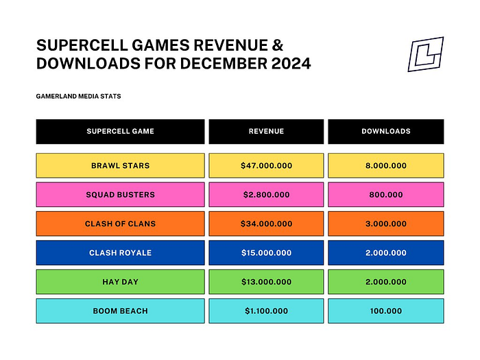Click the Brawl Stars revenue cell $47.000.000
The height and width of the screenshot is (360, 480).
click(266, 166)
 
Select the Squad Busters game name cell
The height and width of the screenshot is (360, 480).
click(120, 195)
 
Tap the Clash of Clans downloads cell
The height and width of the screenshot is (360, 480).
click(385, 224)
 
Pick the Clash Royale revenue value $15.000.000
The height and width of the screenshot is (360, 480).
click(266, 253)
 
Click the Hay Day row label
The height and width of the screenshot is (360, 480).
click(120, 282)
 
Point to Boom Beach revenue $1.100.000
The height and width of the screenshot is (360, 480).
click(266, 311)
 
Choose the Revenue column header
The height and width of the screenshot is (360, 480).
click(266, 132)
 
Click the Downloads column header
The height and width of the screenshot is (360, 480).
click(385, 132)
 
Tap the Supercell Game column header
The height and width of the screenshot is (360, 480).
click(120, 132)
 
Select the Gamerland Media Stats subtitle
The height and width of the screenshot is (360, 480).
click(78, 97)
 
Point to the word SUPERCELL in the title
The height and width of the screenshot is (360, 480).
click(82, 45)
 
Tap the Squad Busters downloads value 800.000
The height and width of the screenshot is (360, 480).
click(385, 195)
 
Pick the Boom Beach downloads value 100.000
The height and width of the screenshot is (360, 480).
click(385, 311)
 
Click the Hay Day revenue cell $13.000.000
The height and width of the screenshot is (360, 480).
click(266, 282)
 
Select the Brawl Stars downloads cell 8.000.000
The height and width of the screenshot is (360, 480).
click(385, 166)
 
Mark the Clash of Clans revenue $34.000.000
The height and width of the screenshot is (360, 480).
click(266, 224)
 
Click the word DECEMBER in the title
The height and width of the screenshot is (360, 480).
click(224, 63)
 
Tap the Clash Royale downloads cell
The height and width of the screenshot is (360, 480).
click(385, 253)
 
